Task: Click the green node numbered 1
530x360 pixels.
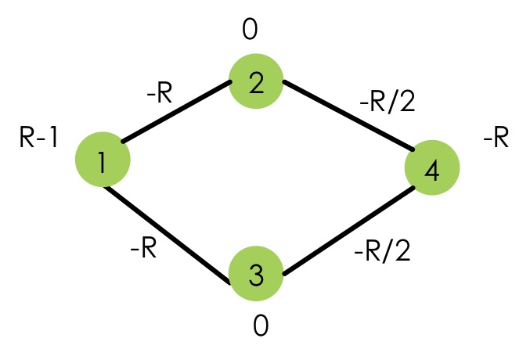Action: pos(103,160)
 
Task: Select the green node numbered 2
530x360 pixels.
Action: pos(255,81)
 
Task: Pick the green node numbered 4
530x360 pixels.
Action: pos(432,168)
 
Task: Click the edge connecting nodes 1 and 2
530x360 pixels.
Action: pos(176,113)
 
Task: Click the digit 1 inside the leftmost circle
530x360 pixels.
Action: pos(103,161)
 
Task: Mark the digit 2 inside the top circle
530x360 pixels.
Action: pos(255,83)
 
